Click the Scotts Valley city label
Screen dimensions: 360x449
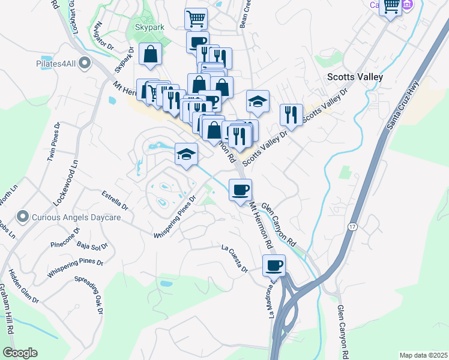pyautogui.click(x=354, y=77)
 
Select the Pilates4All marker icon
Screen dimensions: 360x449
pyautogui.click(x=84, y=62)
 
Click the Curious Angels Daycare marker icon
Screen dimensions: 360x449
pyautogui.click(x=23, y=216)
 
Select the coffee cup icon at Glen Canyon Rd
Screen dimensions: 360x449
pyautogui.click(x=240, y=190)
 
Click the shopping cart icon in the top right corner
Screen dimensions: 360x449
pyautogui.click(x=391, y=7)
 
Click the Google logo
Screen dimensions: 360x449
pyautogui.click(x=20, y=353)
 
